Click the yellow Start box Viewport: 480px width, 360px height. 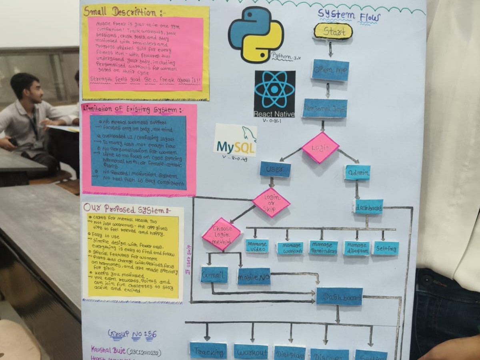coord(333,31)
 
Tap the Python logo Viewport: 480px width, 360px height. coord(256,34)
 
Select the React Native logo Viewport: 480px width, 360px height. coord(275,94)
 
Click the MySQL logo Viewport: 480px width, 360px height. coord(235,140)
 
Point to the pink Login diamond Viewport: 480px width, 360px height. coord(320,148)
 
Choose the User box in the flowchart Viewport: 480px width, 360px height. coord(275,169)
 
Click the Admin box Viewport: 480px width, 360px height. coord(357,172)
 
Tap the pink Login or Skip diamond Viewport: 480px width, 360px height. coord(271,203)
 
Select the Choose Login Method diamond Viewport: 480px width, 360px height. coord(221,234)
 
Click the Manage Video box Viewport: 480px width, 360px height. coord(257,246)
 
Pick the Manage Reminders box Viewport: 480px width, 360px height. coord(323,248)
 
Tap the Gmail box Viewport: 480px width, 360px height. coord(214,275)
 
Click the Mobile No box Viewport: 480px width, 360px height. coord(254,276)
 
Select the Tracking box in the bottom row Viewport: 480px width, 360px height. coord(208,351)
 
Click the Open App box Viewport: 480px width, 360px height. coord(330,70)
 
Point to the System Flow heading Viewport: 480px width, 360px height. coord(349,16)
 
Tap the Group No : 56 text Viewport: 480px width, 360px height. coord(132,334)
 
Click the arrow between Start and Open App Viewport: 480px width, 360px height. coord(330,49)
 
